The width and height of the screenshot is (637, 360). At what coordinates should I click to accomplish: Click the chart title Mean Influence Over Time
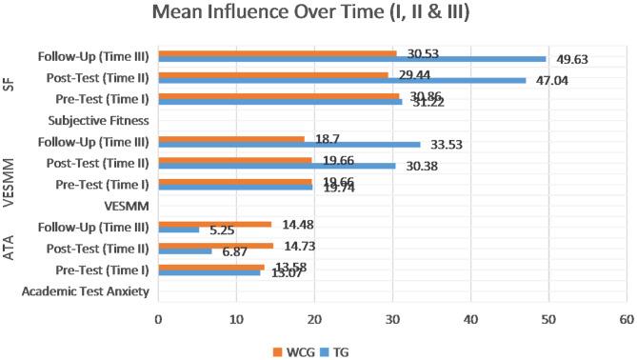(x=318, y=17)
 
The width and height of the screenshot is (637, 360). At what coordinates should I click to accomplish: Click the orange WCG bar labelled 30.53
(x=277, y=53)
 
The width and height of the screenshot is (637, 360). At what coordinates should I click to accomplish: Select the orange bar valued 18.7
(x=231, y=139)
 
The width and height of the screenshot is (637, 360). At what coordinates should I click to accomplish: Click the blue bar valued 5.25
(x=179, y=230)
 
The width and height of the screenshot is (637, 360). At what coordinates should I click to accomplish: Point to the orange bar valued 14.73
(x=215, y=245)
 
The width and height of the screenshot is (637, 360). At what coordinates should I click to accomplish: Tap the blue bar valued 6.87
(x=185, y=251)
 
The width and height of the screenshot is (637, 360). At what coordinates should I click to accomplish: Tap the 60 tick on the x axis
(x=626, y=320)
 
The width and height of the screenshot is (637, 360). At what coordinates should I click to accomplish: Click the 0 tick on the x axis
(x=159, y=320)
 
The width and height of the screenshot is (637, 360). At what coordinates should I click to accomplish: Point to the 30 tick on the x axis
(x=392, y=320)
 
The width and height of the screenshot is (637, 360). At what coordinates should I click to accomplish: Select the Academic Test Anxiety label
(x=86, y=291)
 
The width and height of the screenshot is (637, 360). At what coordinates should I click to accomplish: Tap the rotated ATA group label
(x=9, y=249)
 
